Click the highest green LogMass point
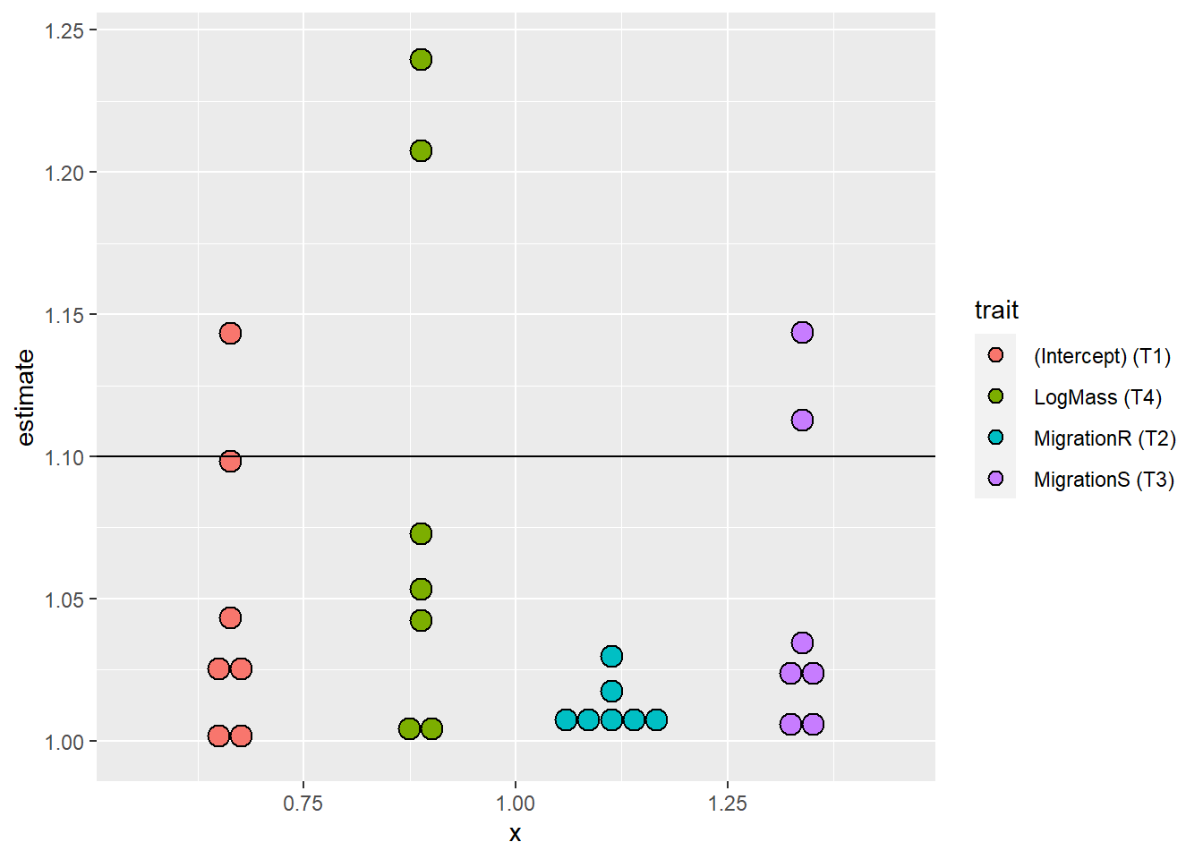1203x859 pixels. tap(421, 60)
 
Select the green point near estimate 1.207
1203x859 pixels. tap(421, 150)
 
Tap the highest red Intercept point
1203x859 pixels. tap(230, 333)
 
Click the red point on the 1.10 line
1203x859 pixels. tap(230, 461)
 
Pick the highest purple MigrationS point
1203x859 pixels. tap(802, 333)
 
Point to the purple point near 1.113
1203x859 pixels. tap(802, 420)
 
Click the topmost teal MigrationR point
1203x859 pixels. tap(611, 656)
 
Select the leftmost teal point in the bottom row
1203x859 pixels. tap(566, 719)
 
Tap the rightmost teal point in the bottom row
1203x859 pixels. tap(656, 719)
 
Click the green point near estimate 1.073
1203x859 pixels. tap(421, 533)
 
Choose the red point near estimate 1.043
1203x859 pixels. tap(230, 617)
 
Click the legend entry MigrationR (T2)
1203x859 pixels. tap(1104, 438)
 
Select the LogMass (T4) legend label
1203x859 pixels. tap(1096, 397)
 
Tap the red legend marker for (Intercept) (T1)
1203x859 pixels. tap(995, 355)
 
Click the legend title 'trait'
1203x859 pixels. tap(996, 310)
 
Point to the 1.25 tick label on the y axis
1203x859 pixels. tap(64, 30)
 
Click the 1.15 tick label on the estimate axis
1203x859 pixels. tap(64, 315)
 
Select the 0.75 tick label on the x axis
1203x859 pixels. tap(303, 804)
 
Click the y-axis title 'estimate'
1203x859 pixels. tap(25, 397)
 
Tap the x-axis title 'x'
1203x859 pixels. tap(515, 834)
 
